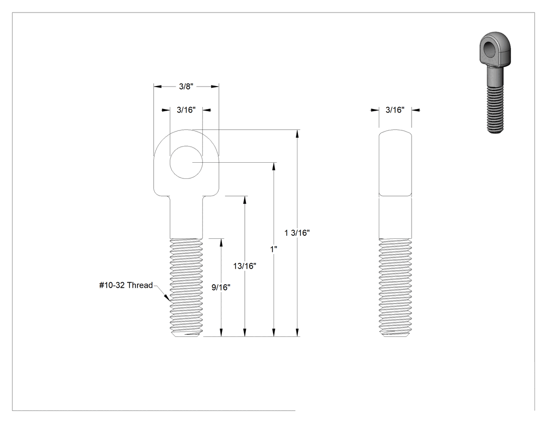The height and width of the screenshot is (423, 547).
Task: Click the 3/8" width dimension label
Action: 186,87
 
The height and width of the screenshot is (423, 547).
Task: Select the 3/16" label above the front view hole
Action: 186,110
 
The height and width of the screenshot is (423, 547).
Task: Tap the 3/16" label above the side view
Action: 395,110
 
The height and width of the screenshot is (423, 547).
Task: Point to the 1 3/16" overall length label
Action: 297,233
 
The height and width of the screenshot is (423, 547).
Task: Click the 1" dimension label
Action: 274,249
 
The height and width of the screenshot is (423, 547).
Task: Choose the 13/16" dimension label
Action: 244,266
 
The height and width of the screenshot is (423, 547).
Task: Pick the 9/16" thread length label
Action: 221,287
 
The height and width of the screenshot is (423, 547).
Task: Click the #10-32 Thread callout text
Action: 126,285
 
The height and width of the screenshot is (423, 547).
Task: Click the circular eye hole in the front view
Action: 186,163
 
